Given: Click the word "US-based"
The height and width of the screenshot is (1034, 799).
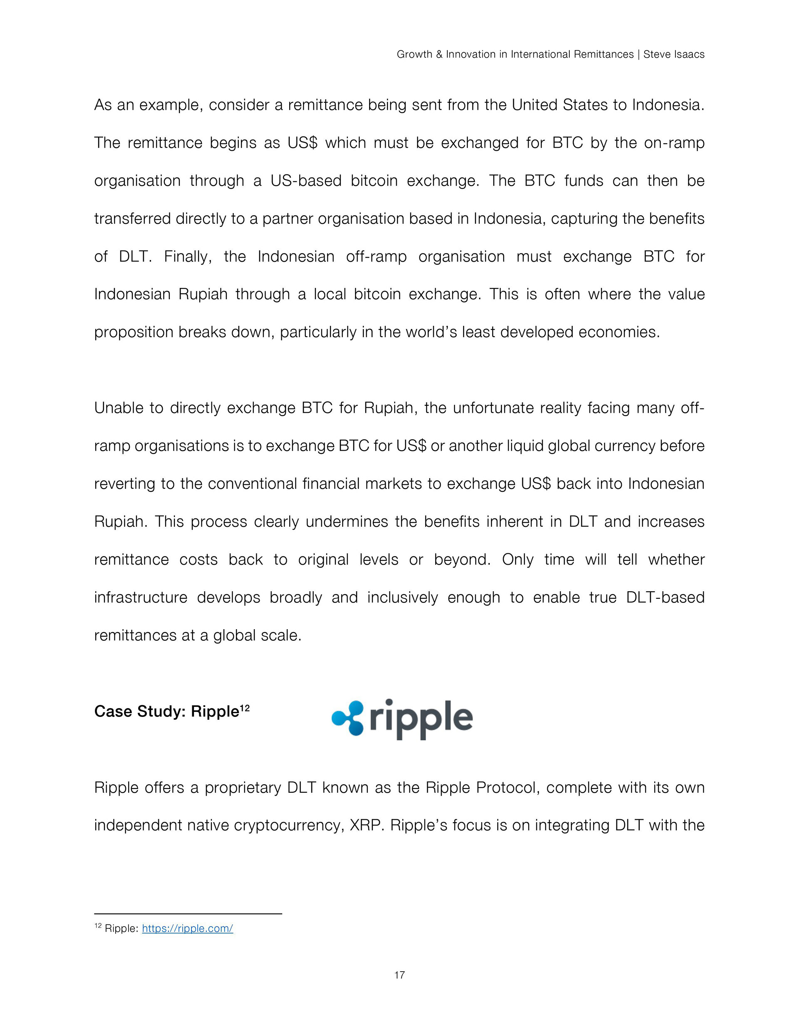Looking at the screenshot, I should click(x=305, y=181).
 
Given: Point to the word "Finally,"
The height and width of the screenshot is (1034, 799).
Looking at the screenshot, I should click(x=188, y=256).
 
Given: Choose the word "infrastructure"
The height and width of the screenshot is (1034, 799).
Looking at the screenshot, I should click(x=141, y=597).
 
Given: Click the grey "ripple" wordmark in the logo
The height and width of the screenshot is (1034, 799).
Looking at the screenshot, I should click(x=421, y=719).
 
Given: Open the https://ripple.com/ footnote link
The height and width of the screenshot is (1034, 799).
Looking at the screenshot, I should click(x=187, y=928).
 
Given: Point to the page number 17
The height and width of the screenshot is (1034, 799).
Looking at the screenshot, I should click(x=399, y=975).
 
